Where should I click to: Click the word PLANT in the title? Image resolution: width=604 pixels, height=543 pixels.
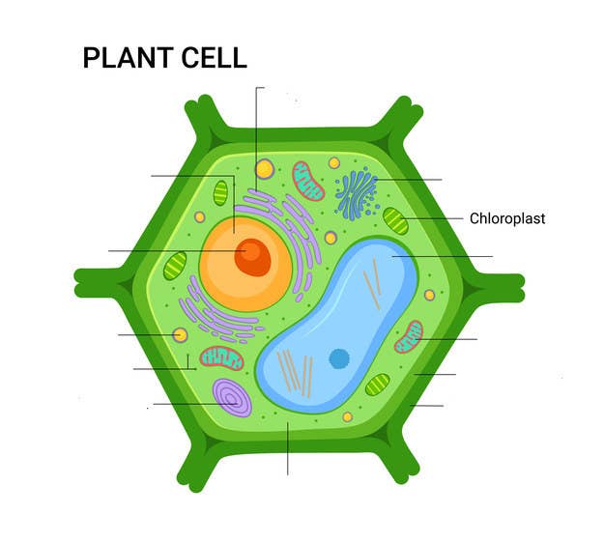click(x=128, y=58)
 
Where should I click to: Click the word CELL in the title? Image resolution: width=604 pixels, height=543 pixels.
click(x=214, y=58)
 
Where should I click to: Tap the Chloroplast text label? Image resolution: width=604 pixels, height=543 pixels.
click(x=507, y=218)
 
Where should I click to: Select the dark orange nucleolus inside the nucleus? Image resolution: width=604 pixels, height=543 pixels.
click(x=252, y=257)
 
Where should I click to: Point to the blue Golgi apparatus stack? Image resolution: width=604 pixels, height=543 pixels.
click(x=357, y=194)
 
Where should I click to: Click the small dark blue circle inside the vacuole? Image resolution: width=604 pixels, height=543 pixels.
click(x=339, y=358)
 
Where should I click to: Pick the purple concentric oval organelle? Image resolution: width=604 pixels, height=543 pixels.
click(x=232, y=397)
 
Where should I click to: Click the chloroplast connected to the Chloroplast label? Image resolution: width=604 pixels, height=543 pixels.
click(x=395, y=220)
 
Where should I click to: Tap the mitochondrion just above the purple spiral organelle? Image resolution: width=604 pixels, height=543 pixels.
click(x=221, y=358)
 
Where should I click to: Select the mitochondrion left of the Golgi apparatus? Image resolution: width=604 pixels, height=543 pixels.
click(x=308, y=181)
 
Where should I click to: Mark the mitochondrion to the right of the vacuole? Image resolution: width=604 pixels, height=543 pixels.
click(x=409, y=336)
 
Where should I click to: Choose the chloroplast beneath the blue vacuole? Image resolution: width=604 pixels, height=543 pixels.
click(x=378, y=385)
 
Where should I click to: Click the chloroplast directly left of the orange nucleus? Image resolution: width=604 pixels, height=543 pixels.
click(x=175, y=266)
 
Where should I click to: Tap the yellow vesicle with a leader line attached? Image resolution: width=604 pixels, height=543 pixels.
click(x=180, y=335)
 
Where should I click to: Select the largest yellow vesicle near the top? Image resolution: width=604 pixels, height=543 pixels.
click(x=265, y=169)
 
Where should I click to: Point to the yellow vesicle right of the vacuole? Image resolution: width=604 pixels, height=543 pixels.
click(x=429, y=296)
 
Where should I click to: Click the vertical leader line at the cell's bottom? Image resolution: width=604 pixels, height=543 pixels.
click(x=287, y=448)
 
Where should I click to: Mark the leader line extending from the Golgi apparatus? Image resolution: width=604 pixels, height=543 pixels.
click(x=409, y=180)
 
